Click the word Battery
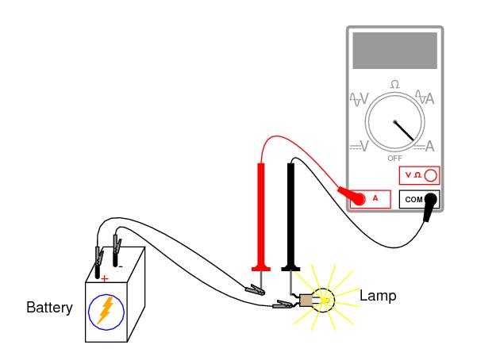tap(49, 307)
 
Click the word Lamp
tap(378, 296)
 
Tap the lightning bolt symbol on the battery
tap(104, 311)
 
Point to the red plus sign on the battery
tap(105, 278)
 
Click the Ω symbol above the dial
tap(394, 84)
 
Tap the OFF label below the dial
tap(394, 159)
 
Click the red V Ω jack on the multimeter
tap(418, 174)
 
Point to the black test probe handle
tap(292, 214)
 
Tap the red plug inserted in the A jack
tap(347, 193)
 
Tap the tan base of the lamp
tap(306, 300)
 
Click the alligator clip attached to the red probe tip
tap(256, 289)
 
